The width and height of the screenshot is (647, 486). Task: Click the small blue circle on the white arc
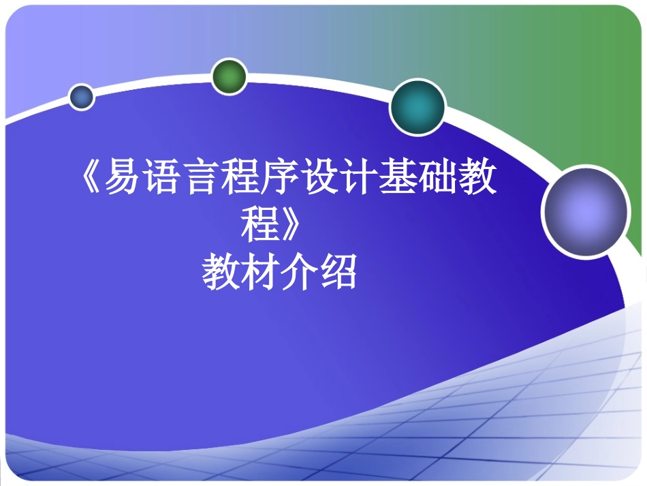tap(82, 97)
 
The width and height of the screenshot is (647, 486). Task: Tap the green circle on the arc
tap(228, 76)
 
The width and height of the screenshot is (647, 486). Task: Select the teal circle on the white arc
tap(417, 107)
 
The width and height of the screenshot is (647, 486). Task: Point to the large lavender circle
tap(586, 211)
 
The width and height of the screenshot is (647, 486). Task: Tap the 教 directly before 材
tap(222, 273)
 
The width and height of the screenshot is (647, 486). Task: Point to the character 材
tap(262, 273)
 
